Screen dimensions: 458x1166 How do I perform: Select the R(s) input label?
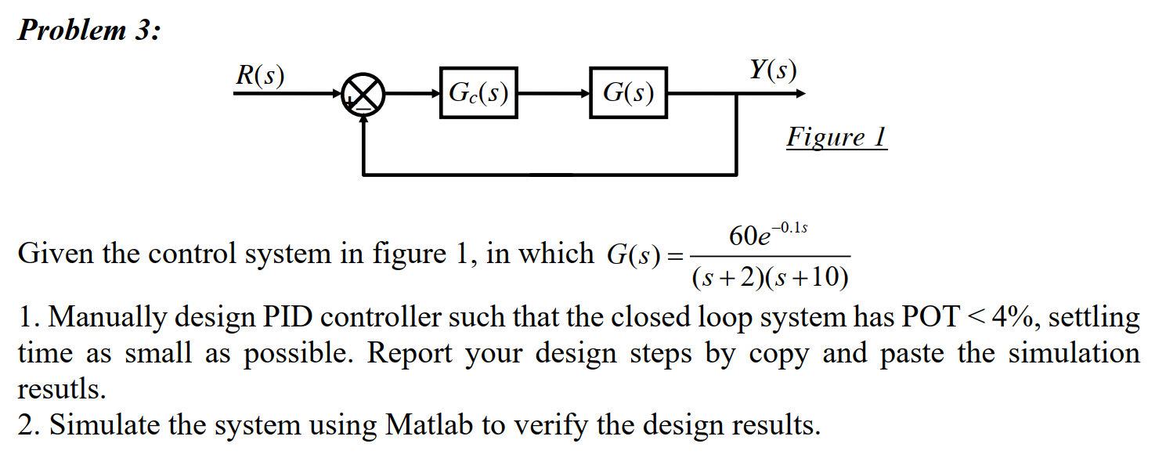[260, 75]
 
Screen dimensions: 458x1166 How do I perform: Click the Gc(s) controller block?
[478, 94]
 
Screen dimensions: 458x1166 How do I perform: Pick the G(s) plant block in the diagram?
[628, 94]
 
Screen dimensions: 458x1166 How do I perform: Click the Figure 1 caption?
[836, 138]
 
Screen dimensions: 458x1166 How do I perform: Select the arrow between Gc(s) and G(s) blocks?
[553, 94]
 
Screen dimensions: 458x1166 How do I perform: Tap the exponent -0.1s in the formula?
[790, 228]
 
